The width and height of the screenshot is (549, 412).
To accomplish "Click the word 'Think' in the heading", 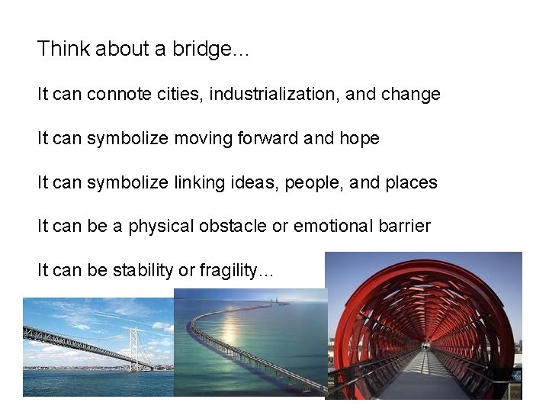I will (59, 50).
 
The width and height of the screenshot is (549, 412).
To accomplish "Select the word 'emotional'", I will (328, 226).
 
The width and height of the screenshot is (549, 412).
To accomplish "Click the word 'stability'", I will (143, 271).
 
